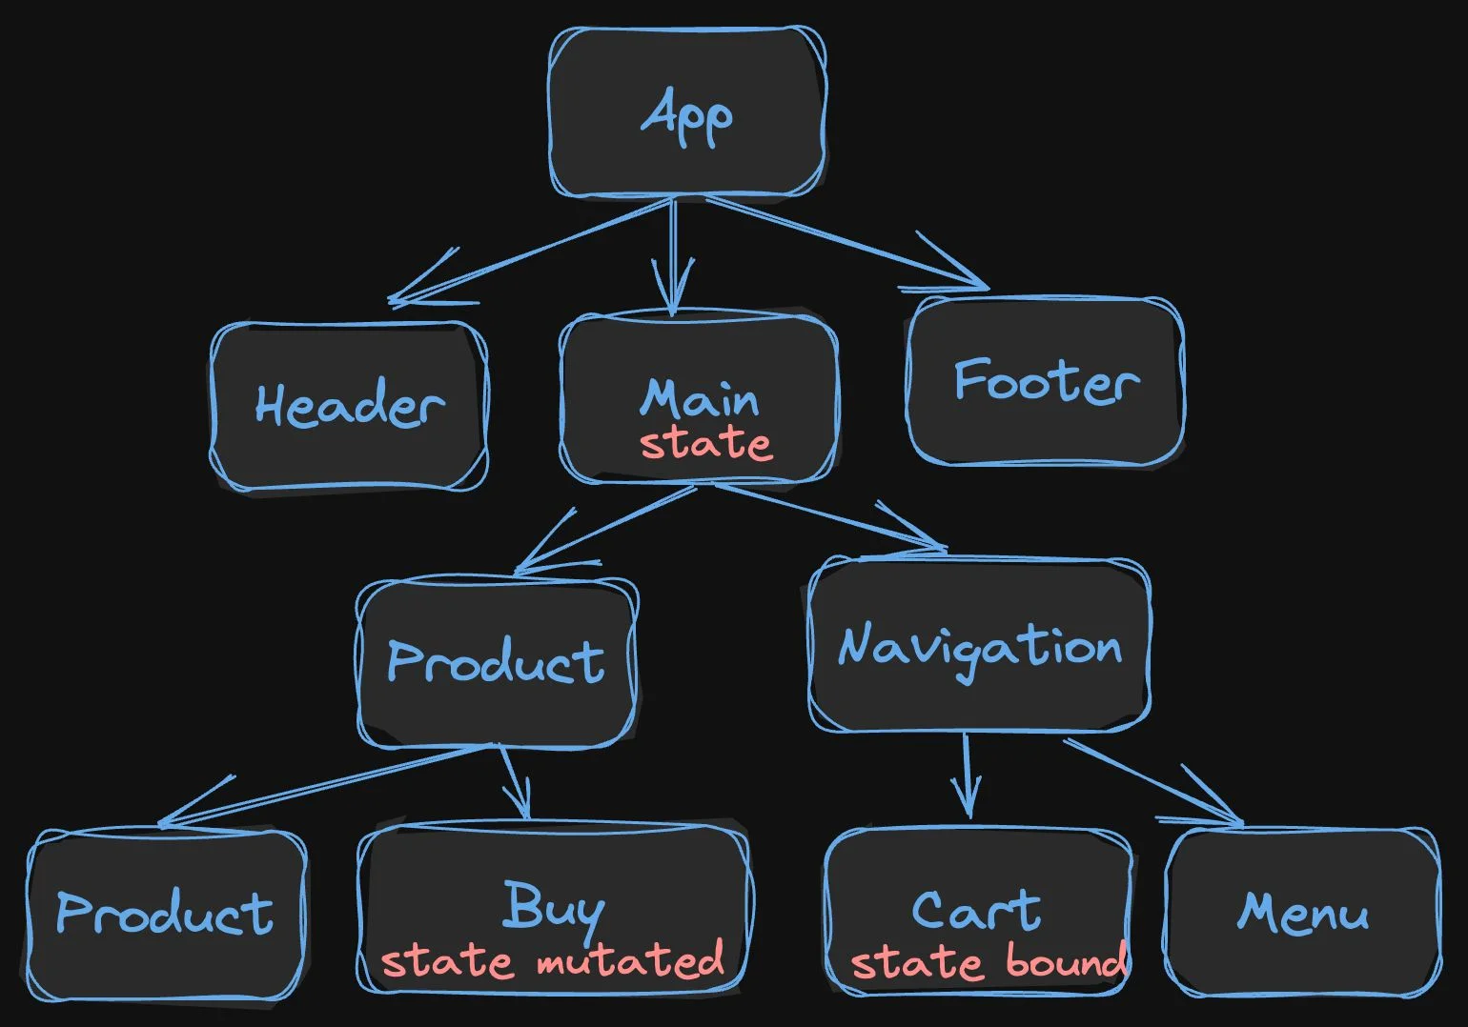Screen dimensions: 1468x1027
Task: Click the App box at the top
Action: [686, 111]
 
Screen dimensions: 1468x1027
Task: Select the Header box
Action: [349, 406]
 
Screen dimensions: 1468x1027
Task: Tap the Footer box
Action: [1046, 380]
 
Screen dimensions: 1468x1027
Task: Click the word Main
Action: [700, 398]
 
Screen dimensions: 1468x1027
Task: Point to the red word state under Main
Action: [705, 443]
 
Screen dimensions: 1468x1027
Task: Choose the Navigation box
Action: [979, 644]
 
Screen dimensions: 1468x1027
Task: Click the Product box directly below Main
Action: [496, 661]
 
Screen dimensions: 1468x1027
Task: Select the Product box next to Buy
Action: [166, 915]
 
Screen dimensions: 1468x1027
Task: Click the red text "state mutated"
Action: [553, 960]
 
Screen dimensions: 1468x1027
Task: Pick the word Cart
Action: [976, 911]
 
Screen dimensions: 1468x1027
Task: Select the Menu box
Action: [1302, 913]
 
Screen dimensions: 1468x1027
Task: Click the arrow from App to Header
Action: [531, 252]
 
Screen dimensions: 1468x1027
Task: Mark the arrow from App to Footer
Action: [846, 242]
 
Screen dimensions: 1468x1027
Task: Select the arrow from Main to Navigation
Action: [830, 517]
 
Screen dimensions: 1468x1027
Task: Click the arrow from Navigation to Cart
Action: [966, 775]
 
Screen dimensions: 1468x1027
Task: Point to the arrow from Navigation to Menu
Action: [1153, 783]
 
